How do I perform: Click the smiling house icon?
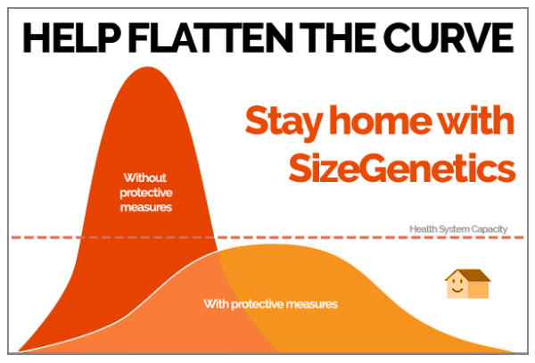[467, 285]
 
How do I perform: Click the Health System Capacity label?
[458, 229]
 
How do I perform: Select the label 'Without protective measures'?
[147, 191]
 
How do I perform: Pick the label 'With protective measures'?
[270, 304]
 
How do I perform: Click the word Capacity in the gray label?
[489, 229]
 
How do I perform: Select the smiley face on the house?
[457, 288]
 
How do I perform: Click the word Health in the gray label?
[423, 229]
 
